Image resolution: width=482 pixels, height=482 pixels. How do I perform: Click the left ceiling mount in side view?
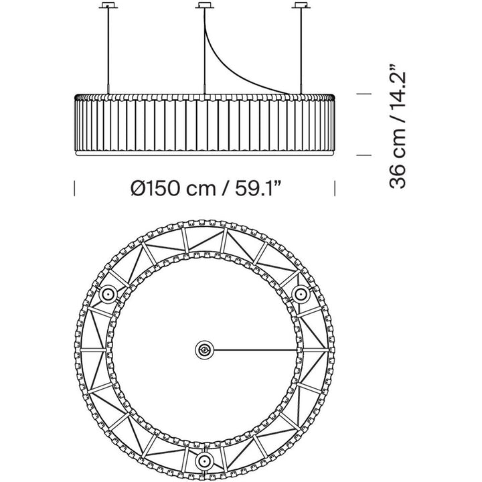coord(108,5)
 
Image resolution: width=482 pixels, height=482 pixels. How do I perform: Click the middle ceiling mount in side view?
coord(204,5)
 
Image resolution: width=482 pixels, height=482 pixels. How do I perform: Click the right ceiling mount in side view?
coord(301,5)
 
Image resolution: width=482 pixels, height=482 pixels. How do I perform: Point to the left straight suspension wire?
coord(108,51)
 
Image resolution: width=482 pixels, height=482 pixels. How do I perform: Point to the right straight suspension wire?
coord(301,51)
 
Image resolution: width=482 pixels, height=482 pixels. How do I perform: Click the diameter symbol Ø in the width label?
coord(137,188)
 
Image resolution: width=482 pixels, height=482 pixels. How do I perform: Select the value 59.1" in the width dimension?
coord(258,188)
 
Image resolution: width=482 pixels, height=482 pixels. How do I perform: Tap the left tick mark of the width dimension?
coord(74,188)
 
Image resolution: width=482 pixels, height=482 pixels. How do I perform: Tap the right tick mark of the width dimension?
coord(335,188)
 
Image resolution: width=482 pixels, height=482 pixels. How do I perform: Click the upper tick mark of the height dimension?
coord(364,94)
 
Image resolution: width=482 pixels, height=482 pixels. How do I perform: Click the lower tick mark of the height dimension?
coord(364,155)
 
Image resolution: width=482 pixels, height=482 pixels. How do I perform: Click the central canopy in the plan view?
coord(204,350)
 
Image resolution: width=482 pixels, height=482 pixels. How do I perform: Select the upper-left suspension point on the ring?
coord(108,295)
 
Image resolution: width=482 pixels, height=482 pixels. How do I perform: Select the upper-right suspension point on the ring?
coord(301,295)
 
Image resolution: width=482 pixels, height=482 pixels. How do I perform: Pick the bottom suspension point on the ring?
coord(204,461)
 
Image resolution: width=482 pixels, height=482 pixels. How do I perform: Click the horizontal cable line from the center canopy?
coord(256,350)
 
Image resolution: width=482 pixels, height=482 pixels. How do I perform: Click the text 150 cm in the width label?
coord(179,188)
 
